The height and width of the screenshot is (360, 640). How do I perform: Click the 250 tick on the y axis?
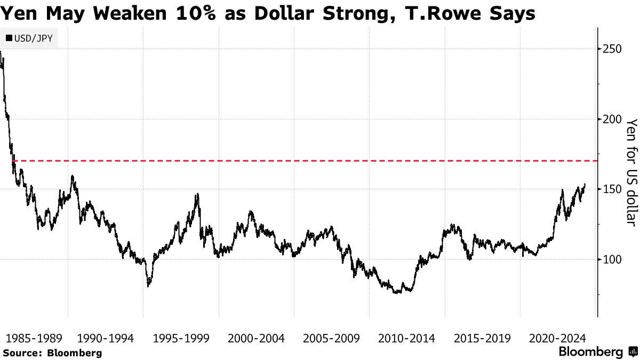[612, 49]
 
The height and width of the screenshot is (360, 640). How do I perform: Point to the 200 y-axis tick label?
[612, 119]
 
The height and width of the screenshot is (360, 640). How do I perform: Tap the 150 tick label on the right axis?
[612, 189]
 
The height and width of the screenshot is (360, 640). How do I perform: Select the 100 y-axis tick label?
[612, 260]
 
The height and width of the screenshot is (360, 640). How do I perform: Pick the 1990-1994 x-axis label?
[105, 338]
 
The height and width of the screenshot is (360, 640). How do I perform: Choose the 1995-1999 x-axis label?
[180, 338]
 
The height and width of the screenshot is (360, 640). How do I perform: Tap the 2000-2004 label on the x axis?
[256, 338]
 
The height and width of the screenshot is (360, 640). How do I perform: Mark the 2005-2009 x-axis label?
[331, 338]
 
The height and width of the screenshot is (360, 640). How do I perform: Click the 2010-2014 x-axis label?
[406, 338]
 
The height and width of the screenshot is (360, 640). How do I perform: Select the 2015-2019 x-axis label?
[482, 338]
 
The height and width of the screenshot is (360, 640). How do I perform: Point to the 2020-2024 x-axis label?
[557, 338]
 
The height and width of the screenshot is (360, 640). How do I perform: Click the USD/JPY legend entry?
[30, 38]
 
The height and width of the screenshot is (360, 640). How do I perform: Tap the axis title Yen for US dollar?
[631, 172]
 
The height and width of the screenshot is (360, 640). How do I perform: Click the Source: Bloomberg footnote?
[52, 353]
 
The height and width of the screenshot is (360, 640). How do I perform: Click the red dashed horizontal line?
[320, 160]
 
